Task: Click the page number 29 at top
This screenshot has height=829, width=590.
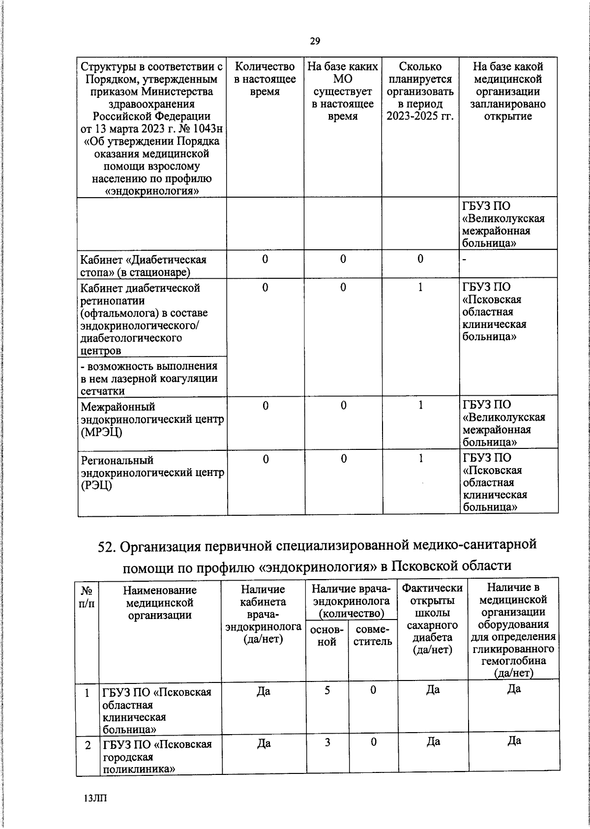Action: pyautogui.click(x=315, y=41)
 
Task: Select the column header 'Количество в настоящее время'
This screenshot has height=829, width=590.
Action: pyautogui.click(x=265, y=79)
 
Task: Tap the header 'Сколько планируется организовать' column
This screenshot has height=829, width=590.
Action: pyautogui.click(x=420, y=91)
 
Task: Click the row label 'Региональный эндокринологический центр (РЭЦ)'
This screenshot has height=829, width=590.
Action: pyautogui.click(x=152, y=473)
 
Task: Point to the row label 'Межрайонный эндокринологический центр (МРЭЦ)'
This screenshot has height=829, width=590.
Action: pyautogui.click(x=152, y=419)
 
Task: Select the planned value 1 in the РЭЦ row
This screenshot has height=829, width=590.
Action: pyautogui.click(x=420, y=459)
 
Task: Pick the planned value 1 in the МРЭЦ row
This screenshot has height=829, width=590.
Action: pyautogui.click(x=420, y=406)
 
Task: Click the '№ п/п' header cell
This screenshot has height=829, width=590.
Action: pyautogui.click(x=87, y=596)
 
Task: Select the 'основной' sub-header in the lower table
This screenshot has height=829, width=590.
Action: pyautogui.click(x=327, y=636)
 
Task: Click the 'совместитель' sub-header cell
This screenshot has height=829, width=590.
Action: pyautogui.click(x=373, y=636)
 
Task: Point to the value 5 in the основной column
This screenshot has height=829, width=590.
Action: pyautogui.click(x=327, y=690)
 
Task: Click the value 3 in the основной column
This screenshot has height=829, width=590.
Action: pyautogui.click(x=327, y=742)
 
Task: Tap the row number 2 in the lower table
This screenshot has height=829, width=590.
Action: pyautogui.click(x=88, y=745)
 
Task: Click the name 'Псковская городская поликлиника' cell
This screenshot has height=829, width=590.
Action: pyautogui.click(x=157, y=757)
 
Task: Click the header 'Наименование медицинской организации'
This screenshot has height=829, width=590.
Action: pyautogui.click(x=159, y=602)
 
